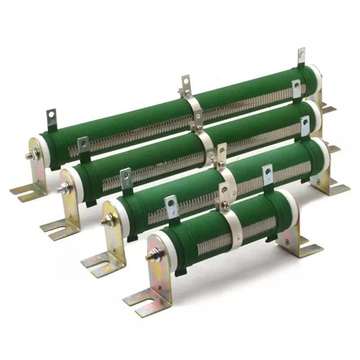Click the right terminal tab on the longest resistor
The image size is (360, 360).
coord(301,57)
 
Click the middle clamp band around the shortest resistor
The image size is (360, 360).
coord(232,225)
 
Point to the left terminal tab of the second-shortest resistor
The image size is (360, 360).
coord(126,176)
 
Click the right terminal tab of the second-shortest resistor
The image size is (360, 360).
coord(305,124)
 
